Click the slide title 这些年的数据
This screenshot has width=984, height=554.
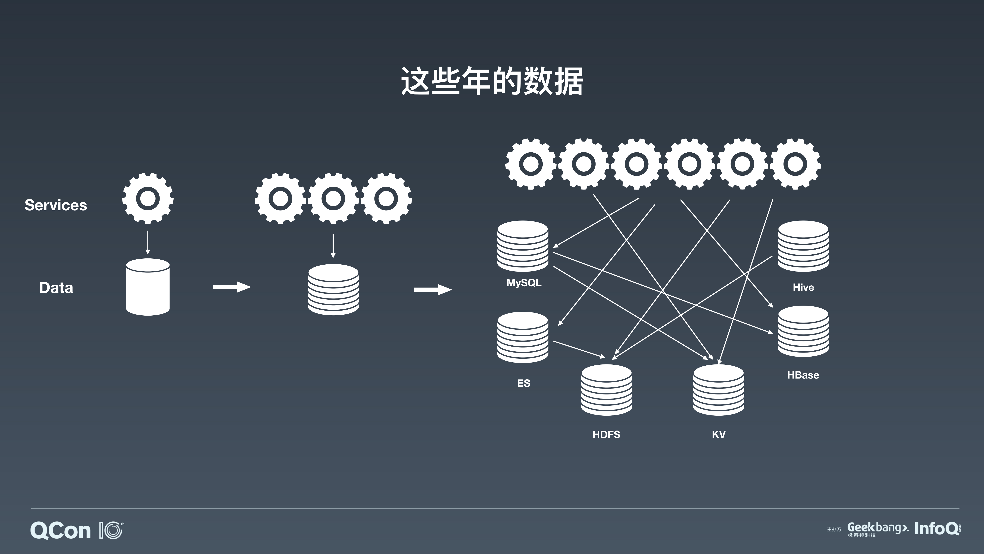(492, 81)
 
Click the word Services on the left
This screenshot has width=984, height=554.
(56, 205)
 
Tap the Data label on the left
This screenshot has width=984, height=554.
(56, 287)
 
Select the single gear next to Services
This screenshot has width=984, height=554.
(148, 198)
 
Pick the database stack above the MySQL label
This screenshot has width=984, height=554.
(522, 246)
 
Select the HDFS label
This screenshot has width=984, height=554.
(606, 434)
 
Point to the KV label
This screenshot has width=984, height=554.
(719, 434)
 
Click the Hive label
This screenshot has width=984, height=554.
(803, 287)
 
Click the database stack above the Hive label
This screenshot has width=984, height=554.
(803, 246)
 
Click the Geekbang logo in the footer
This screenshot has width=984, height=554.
(877, 529)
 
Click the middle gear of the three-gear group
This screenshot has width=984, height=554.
(333, 198)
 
